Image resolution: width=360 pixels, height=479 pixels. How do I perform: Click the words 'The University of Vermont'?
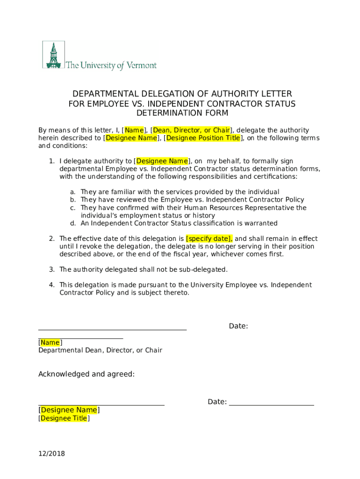coord(111,65)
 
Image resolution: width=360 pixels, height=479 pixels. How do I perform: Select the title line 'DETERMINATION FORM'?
coord(182,113)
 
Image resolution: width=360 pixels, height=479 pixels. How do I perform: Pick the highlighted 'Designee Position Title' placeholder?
coord(203,138)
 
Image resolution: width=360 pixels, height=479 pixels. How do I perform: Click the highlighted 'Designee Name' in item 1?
coord(162,161)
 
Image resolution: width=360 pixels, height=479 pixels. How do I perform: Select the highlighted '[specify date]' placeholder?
coord(209,239)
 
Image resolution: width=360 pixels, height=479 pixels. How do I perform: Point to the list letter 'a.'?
coord(73,192)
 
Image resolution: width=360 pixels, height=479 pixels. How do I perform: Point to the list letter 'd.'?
coord(73,223)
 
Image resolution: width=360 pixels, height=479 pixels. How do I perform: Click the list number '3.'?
coord(52,269)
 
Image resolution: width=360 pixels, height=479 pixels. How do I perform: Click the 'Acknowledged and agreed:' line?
coord(86,374)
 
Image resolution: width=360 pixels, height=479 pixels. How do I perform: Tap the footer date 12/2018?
coord(51,453)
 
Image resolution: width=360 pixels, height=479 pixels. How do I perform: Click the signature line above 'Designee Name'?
coord(101,404)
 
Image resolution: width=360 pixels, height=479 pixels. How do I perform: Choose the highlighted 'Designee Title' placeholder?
coord(64,419)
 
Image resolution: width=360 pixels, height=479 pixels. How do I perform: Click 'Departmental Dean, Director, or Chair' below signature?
coord(100,350)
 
